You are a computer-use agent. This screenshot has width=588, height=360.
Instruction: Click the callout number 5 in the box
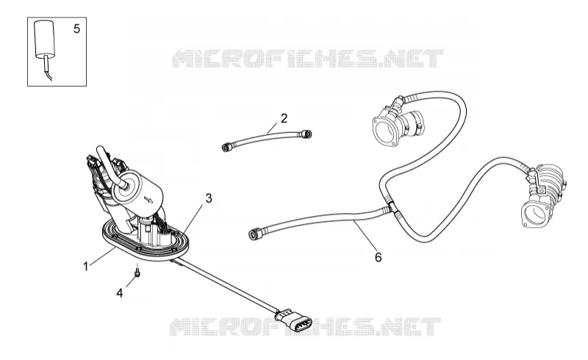point(76,29)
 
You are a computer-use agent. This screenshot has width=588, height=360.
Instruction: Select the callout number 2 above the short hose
point(284,118)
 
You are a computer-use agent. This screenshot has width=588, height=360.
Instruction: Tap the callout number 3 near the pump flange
point(209,198)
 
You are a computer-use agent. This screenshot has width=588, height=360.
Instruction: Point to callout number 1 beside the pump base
point(86,267)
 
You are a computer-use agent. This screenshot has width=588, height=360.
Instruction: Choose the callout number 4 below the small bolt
point(119,293)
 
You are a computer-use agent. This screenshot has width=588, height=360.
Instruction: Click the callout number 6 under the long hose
point(378,257)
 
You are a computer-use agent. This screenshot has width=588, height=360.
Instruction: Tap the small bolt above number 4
point(137,272)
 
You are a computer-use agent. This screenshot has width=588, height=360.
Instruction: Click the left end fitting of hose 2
point(226,147)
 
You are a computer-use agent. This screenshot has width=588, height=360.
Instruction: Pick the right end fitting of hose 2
point(306,134)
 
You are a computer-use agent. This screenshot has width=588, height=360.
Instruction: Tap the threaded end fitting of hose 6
point(255,234)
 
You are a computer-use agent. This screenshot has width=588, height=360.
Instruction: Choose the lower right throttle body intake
point(543,196)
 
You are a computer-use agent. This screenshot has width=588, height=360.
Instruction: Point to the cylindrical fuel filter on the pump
point(137,191)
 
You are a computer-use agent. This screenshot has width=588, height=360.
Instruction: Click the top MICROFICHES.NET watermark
point(307,59)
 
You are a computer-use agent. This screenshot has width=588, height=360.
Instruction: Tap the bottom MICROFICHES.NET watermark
point(305,327)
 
